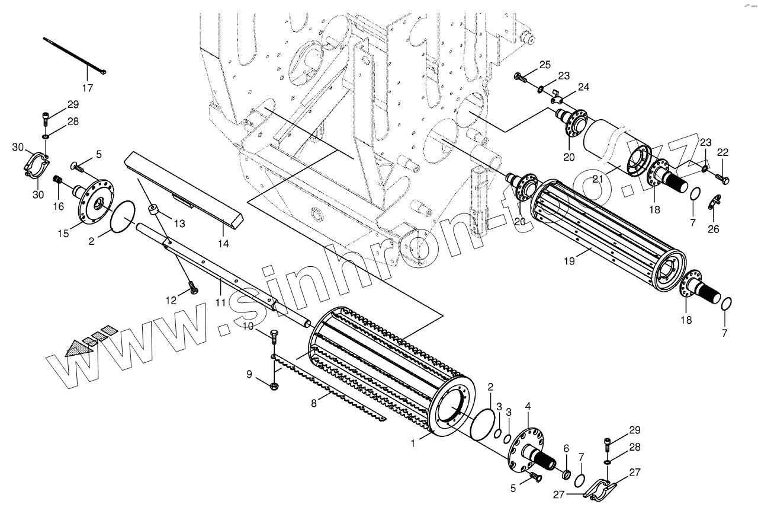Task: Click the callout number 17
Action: click(88, 88)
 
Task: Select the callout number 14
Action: click(223, 243)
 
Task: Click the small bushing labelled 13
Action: click(154, 209)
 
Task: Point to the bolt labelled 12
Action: click(192, 288)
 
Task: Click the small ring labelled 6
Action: click(566, 475)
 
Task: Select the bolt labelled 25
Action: click(521, 76)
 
